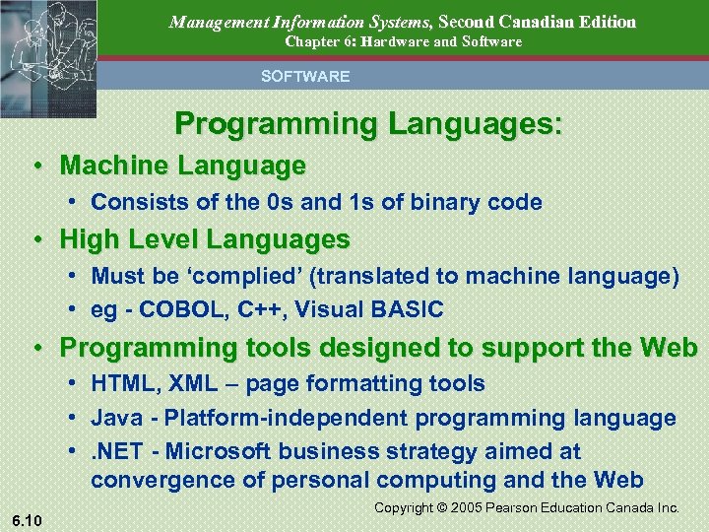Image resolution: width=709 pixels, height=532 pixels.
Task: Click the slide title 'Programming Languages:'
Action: (x=368, y=124)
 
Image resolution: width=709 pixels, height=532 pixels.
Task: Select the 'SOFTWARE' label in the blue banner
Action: (x=304, y=76)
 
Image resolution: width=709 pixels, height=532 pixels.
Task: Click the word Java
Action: (x=115, y=418)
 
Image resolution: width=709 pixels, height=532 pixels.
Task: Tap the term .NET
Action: (x=120, y=451)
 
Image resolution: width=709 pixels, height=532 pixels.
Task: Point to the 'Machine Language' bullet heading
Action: (x=182, y=166)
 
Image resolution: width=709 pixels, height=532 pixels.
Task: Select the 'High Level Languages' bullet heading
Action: (x=205, y=239)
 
